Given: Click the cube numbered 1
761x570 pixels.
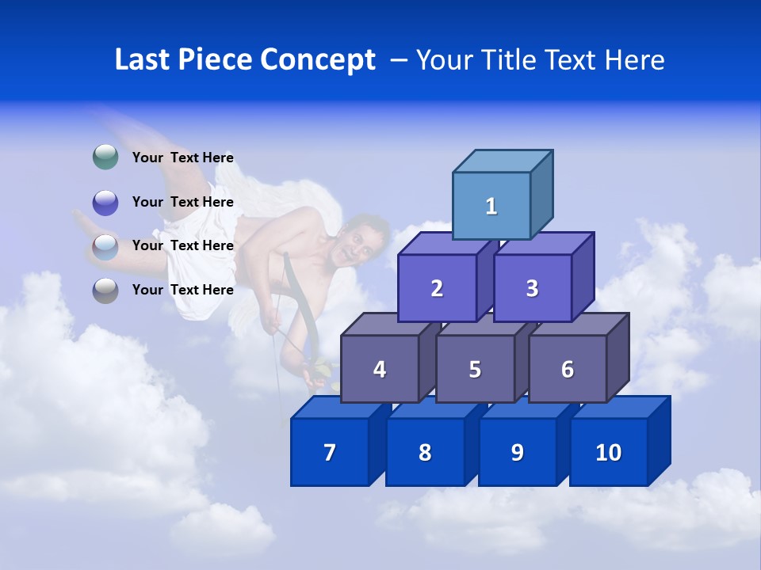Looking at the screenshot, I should pos(491,206).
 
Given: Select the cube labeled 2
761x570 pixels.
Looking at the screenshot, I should pos(437,288).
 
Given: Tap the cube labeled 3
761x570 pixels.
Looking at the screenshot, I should pos(532,288).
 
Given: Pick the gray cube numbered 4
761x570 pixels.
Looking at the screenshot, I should pos(380,369).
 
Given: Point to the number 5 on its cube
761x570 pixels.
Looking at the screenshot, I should pos(475,369).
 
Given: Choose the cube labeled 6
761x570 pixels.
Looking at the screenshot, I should pos(568,369).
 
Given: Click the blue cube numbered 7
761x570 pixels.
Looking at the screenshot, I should pos(330,452).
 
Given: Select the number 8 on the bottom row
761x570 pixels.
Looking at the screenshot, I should pos(425,452).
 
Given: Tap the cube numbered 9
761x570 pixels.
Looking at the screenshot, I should pos(517,452).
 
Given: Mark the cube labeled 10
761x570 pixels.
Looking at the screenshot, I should pos(608,452).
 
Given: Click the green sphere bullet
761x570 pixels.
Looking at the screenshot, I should pos(105,158).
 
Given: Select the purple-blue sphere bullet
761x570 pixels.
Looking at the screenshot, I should pos(105,203).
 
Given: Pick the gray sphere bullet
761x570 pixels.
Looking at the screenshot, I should pos(105,291).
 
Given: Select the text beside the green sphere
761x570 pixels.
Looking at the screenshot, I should pos(183,158).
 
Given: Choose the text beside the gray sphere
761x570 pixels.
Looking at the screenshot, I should pos(183,290).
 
